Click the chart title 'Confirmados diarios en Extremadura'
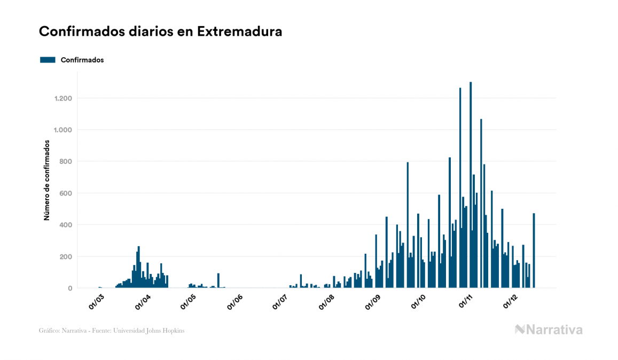[x=160, y=32]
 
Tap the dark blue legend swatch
[x=48, y=60]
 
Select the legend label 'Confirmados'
[x=82, y=60]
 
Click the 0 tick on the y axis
[x=70, y=288]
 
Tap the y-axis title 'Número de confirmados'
[x=46, y=181]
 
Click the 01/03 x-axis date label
[x=96, y=302]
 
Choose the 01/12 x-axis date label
[x=512, y=302]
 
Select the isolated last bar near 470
[x=534, y=251]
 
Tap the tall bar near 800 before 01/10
[x=408, y=225]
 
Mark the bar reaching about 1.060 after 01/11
[x=481, y=204]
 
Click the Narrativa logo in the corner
[x=549, y=330]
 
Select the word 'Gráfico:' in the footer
[x=49, y=331]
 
